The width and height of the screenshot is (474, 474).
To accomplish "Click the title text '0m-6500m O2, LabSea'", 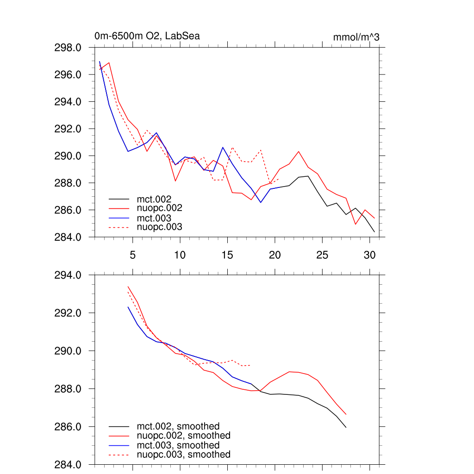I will click(x=147, y=36).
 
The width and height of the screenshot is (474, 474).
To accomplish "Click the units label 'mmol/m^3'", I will click(x=356, y=37).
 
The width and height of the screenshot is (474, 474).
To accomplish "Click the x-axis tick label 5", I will click(x=132, y=255).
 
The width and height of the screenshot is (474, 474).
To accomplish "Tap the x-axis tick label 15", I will click(x=227, y=255).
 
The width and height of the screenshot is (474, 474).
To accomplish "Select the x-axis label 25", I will click(x=322, y=255).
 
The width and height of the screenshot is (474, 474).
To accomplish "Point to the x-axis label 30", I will click(x=369, y=255).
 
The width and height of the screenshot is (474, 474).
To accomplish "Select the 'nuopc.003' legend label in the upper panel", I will click(x=160, y=227).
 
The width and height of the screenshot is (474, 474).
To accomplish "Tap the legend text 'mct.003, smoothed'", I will click(x=178, y=445).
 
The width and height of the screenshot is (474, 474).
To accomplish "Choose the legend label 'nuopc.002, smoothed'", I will click(x=184, y=436).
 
